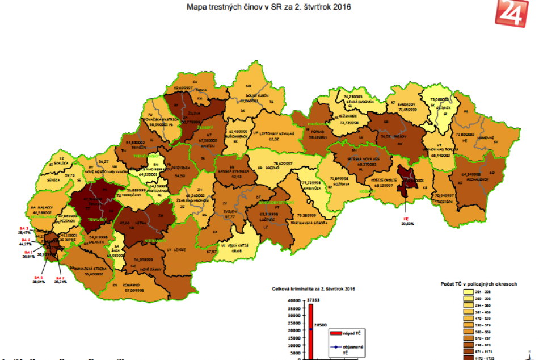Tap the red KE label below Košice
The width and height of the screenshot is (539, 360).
click(406, 217)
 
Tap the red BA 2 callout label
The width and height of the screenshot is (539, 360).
click(60, 278)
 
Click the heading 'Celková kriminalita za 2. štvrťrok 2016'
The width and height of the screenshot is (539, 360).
click(313, 288)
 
